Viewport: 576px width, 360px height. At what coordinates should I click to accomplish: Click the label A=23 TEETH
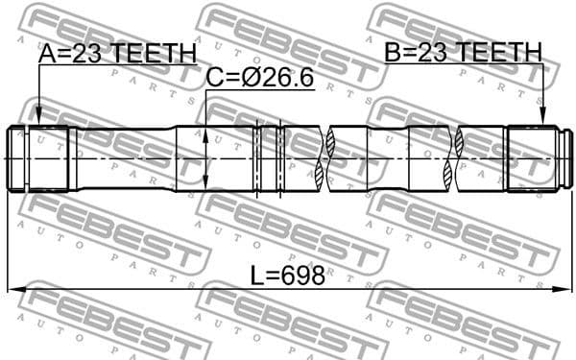[116, 55]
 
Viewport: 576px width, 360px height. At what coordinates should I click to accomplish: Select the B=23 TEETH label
[463, 53]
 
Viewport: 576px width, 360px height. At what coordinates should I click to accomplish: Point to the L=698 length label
[287, 276]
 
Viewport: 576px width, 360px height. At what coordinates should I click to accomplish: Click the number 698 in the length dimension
[304, 276]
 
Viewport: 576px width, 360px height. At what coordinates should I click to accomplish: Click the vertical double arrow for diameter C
[206, 158]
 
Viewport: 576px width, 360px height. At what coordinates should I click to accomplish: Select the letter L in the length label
[257, 276]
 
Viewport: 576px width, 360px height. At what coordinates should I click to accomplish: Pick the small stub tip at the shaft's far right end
[568, 158]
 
